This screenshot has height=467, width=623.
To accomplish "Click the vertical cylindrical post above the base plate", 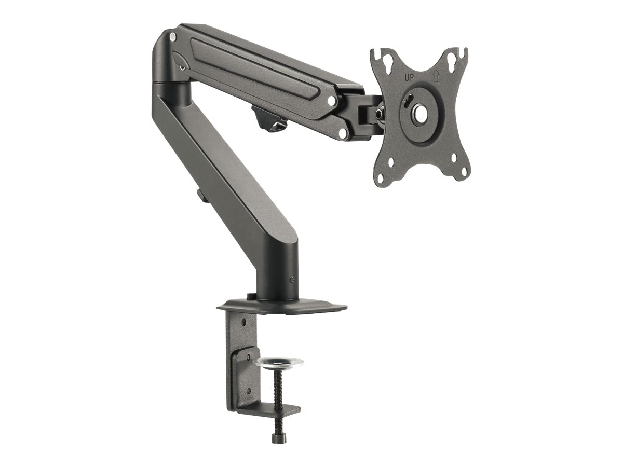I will click(x=278, y=272).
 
